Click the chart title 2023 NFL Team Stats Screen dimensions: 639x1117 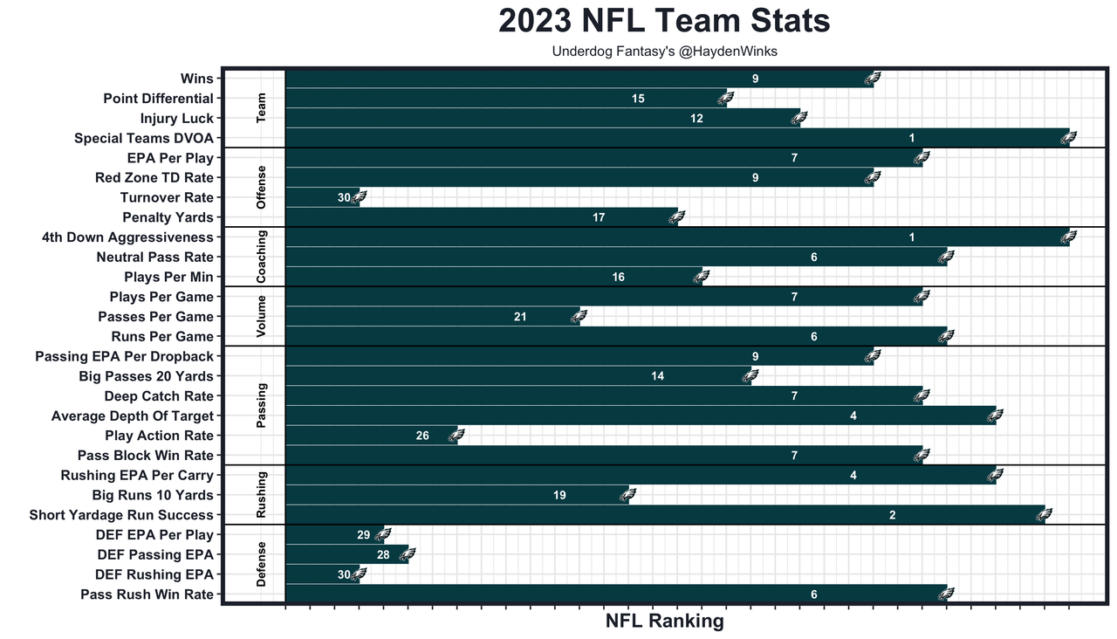pos(664,21)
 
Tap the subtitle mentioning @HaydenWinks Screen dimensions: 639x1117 pos(664,52)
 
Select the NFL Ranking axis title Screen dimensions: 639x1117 pos(664,622)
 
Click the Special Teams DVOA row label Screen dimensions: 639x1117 pos(144,138)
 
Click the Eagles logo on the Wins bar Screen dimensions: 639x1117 pos(871,79)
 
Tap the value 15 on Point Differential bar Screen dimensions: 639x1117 pos(639,99)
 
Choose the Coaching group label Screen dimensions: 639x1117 pos(262,257)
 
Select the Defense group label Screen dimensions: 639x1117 pos(262,564)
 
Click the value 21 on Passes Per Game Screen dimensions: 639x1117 pos(520,317)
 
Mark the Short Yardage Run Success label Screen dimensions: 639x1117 pos(121,515)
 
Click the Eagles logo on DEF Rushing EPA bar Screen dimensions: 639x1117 pos(357,574)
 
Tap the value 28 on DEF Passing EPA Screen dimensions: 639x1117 pos(383,554)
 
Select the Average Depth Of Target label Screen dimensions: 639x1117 pos(133,416)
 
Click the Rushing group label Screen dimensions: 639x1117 pos(262,495)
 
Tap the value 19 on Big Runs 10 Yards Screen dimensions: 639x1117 pos(559,495)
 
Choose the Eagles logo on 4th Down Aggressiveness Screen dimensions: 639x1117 pos(1067,237)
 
